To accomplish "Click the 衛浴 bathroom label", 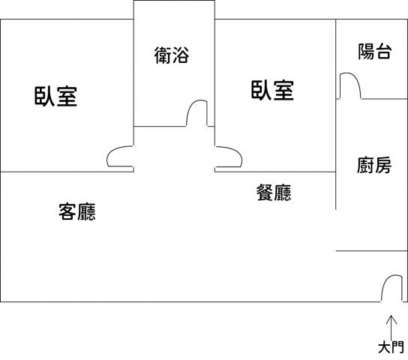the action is coord(172,55).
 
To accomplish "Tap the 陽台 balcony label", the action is coord(375,51).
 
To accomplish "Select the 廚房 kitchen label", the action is coord(374,165).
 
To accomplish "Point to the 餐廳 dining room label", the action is coord(274,193).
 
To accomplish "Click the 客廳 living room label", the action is coord(77,211).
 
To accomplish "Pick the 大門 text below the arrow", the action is coord(391,347).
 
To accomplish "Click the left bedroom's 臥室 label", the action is coord(55,97).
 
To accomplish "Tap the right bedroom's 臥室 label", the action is coord(272,90).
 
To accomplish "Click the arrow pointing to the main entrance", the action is coord(391,328).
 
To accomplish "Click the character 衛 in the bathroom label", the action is coord(163,55).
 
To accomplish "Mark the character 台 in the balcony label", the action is coord(383,52).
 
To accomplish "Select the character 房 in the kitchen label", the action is coord(383,165).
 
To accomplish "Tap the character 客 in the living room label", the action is coord(67,211).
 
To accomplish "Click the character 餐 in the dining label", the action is coord(265,193).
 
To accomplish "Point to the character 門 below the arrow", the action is coord(397,347).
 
